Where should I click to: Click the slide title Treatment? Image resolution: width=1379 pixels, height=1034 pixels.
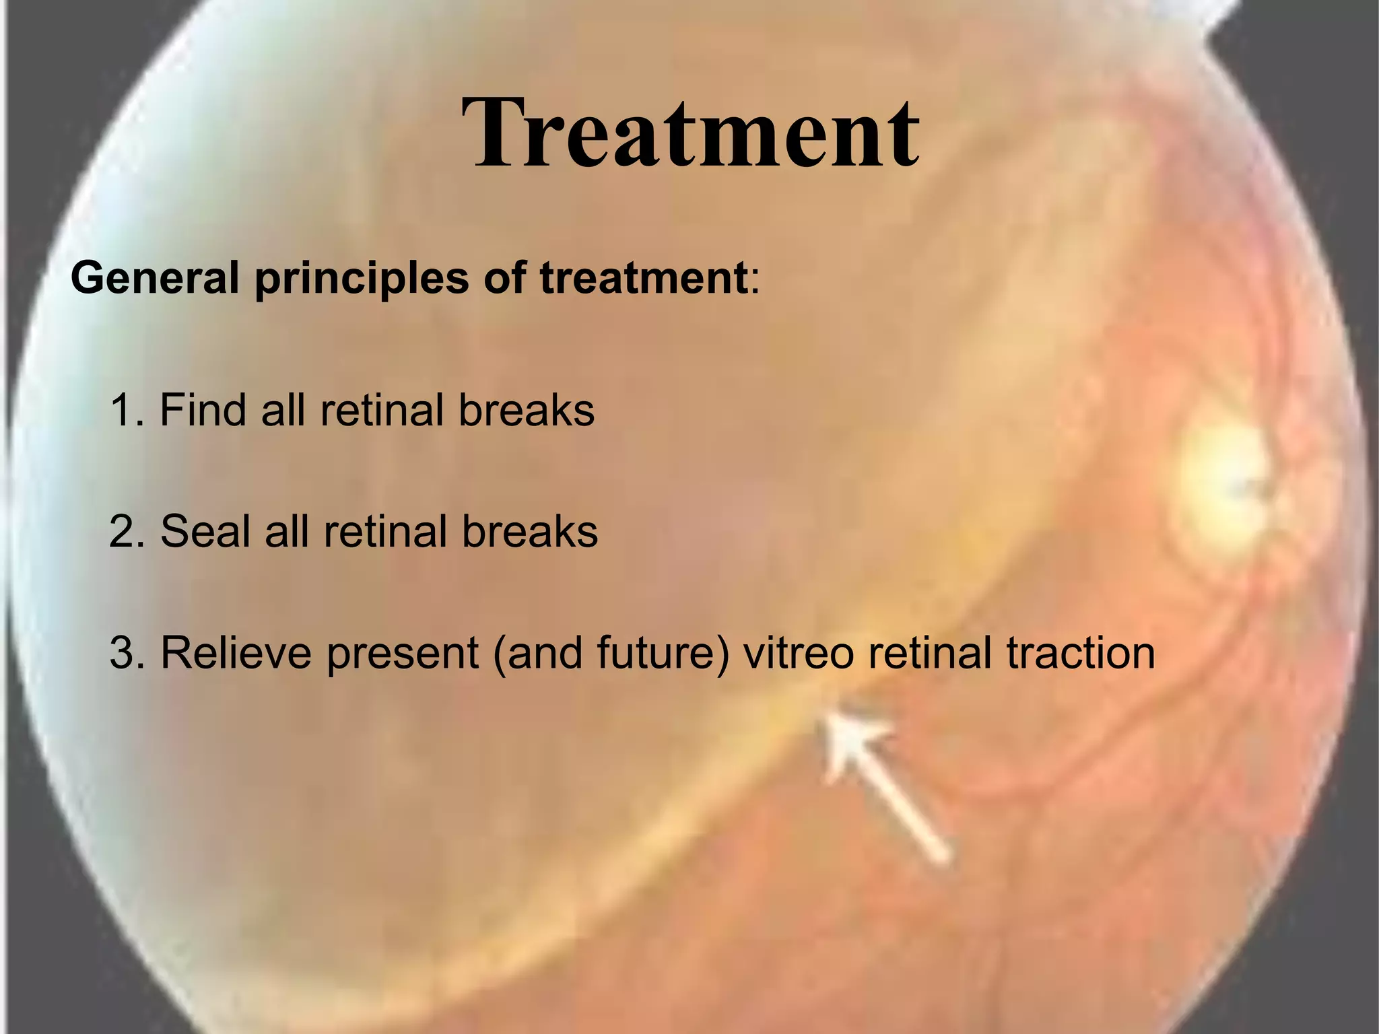click(x=689, y=133)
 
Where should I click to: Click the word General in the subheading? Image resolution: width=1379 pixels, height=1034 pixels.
click(x=154, y=278)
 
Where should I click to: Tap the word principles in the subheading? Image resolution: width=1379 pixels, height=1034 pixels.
click(x=361, y=278)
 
